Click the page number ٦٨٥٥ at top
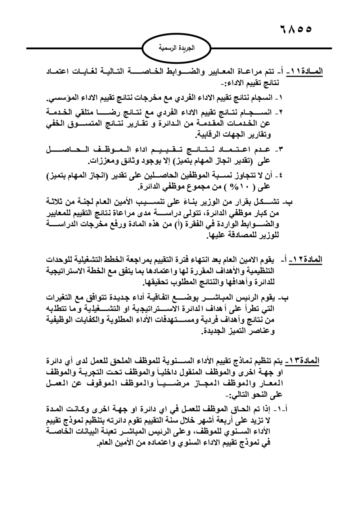pos(295,29)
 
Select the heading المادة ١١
pos(307,71)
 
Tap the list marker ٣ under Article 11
pos(280,149)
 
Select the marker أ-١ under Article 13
pos(282,410)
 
